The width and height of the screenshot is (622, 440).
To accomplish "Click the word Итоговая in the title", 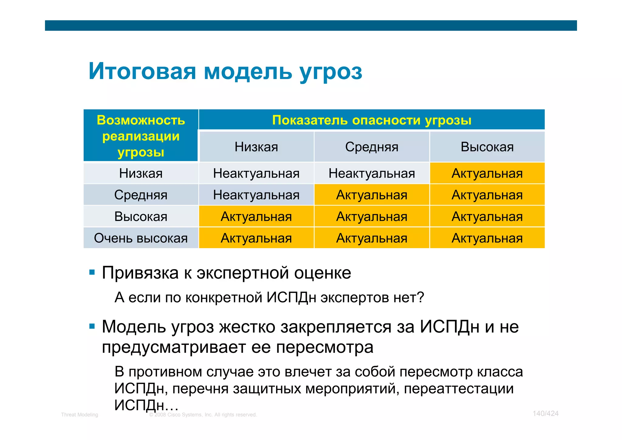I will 142,71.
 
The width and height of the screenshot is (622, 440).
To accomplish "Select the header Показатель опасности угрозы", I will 371,120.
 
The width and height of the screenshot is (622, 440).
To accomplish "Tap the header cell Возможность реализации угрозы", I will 141,136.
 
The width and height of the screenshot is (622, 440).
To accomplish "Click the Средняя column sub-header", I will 371,147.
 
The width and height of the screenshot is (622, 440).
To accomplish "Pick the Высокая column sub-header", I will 487,147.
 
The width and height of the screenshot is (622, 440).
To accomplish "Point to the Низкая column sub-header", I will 256,147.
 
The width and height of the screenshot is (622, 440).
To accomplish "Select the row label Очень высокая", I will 141,238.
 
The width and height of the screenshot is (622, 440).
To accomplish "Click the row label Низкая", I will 141,173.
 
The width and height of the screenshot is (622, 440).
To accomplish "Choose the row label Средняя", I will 141,195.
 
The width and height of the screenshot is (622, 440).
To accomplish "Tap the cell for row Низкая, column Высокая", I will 487,173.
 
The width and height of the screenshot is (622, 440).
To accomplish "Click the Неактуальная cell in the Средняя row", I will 256,195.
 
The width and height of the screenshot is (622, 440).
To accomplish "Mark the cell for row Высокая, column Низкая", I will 256,217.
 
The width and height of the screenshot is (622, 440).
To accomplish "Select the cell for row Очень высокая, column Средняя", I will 371,238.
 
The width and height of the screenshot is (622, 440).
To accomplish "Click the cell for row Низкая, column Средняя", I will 371,173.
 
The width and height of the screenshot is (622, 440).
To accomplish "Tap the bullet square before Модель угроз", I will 92,327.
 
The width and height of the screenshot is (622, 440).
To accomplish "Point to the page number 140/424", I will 545,414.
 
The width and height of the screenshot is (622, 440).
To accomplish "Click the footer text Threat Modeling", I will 80,415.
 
